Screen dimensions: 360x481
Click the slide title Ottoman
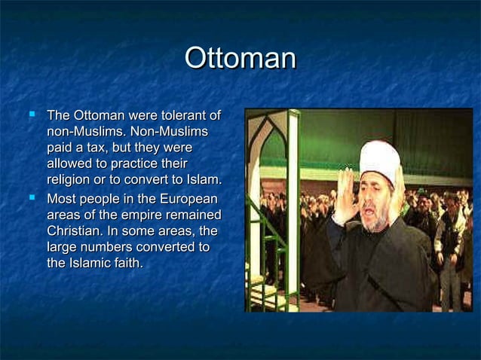click(x=240, y=59)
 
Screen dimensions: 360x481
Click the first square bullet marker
click(x=31, y=116)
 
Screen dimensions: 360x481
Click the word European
click(x=186, y=200)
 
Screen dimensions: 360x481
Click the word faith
click(x=127, y=263)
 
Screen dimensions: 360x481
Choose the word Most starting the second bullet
click(x=63, y=200)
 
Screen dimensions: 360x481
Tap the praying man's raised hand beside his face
click(x=345, y=198)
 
